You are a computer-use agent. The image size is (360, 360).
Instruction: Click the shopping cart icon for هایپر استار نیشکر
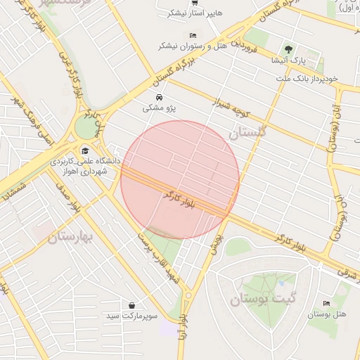point(195,4)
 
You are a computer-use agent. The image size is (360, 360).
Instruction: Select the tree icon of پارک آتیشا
point(288,49)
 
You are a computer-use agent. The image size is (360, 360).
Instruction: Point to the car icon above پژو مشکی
point(160,97)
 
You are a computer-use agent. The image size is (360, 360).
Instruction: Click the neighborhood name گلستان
point(249,132)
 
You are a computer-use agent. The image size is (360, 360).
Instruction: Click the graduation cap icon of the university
point(85,150)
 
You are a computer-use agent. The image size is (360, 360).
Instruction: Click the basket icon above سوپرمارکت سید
point(132,304)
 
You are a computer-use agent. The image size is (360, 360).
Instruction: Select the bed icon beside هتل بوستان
point(326,303)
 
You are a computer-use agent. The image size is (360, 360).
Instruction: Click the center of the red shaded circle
point(181,179)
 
